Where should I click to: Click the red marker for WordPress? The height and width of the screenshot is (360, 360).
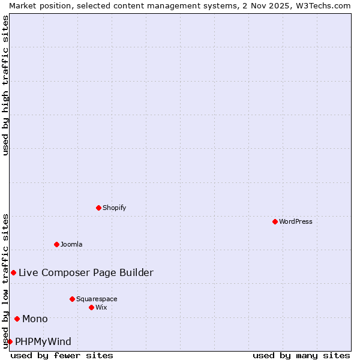[x=275, y=221]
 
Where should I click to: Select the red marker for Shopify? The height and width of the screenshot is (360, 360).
[x=98, y=208]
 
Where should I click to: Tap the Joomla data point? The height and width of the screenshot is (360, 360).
[x=56, y=244]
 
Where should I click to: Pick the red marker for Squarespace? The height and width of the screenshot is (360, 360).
[x=72, y=299]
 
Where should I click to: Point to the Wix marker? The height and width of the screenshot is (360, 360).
[x=91, y=307]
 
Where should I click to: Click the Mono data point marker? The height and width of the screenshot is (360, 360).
[x=17, y=319]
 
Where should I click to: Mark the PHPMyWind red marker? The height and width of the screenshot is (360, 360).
[x=10, y=341]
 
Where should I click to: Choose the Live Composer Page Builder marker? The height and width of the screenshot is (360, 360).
[x=13, y=272]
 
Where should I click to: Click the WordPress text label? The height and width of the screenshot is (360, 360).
[x=296, y=221]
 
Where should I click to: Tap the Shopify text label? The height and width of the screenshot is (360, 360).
[x=114, y=208]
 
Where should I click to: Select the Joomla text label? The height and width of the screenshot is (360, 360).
[x=71, y=244]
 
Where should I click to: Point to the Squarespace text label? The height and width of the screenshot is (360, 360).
[x=97, y=299]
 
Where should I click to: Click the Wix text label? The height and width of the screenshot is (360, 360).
[x=101, y=307]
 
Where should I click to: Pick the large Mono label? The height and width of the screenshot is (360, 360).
[x=35, y=319]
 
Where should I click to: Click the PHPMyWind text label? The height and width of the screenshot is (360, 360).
[x=43, y=341]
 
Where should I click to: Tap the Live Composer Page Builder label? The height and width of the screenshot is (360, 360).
[x=86, y=272]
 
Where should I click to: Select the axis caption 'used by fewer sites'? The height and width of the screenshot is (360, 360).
[x=62, y=355]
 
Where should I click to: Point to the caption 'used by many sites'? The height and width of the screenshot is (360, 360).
[x=301, y=355]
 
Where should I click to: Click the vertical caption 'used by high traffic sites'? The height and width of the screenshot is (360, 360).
[x=5, y=85]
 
